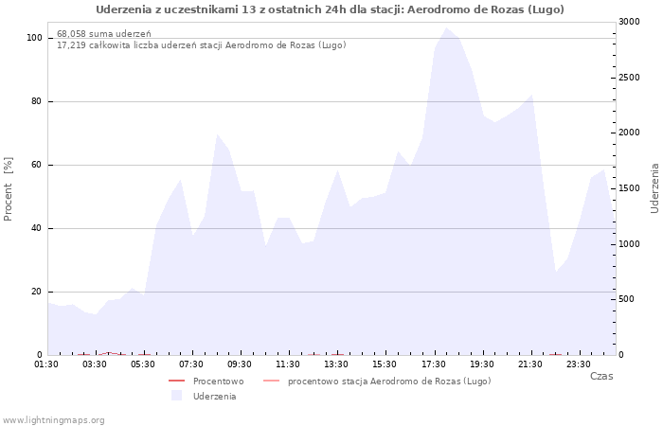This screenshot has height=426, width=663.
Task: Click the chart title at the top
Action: click(330, 9)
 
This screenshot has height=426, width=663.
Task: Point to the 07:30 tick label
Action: click(191, 364)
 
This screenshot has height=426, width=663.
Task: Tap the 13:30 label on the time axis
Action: click(336, 364)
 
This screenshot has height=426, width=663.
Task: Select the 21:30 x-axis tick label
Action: click(529, 364)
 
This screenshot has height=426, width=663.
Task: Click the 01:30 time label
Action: click(46, 364)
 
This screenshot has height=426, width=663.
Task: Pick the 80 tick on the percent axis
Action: click(36, 101)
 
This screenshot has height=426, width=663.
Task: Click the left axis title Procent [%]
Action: click(8, 189)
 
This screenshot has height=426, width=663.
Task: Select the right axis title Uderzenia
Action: click(654, 188)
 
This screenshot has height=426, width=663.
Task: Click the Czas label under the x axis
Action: click(601, 376)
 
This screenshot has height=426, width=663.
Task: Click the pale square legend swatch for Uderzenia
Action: click(176, 396)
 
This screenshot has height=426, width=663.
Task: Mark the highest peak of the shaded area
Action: click(446, 27)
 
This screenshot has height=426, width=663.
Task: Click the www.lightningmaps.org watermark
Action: click(53, 420)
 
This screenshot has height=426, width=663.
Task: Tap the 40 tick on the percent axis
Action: click(36, 229)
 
